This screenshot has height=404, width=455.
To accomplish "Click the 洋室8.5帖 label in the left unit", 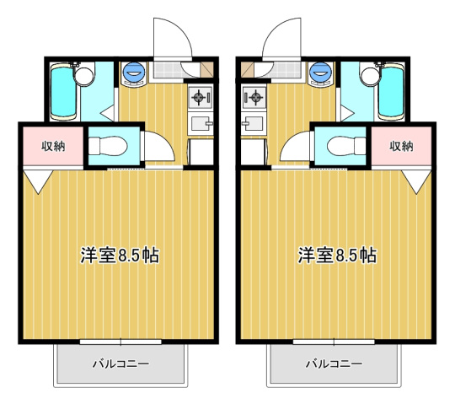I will coord(119,255).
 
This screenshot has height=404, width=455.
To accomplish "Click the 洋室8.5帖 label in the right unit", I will coord(336,255).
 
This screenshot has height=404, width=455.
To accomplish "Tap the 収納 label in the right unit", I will coord(402,146).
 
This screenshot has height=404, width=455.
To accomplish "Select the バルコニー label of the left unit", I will coord(120,364).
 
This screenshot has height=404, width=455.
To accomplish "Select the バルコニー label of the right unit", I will coord(334,364).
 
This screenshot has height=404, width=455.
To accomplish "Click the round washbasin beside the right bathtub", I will coord(370,77).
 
